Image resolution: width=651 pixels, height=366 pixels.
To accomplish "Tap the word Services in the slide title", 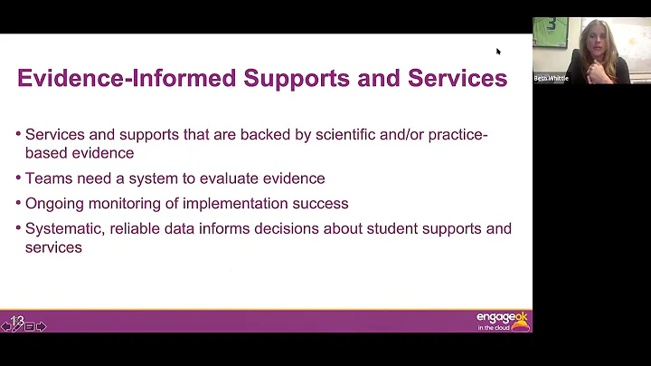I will (458, 78).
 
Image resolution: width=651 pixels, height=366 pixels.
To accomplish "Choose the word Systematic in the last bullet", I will (64, 229).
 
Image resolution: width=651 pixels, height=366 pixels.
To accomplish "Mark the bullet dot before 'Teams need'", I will (19, 178).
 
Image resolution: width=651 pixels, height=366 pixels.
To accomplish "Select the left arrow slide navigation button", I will (6, 326).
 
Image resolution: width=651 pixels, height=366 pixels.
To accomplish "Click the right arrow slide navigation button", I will (42, 326).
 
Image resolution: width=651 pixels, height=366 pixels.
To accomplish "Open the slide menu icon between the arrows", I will (30, 326).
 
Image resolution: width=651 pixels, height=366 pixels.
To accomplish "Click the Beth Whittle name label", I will (551, 79).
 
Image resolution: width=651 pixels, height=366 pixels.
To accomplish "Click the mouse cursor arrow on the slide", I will (498, 52).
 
